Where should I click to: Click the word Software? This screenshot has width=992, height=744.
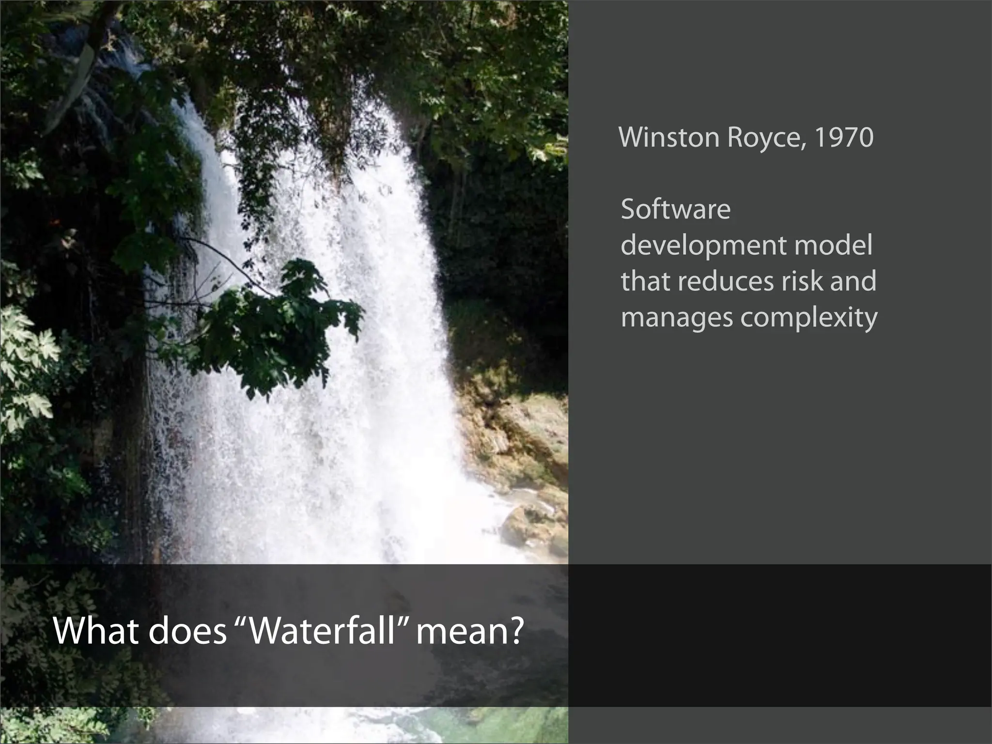point(675,210)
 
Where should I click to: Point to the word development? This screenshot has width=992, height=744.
point(703,246)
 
